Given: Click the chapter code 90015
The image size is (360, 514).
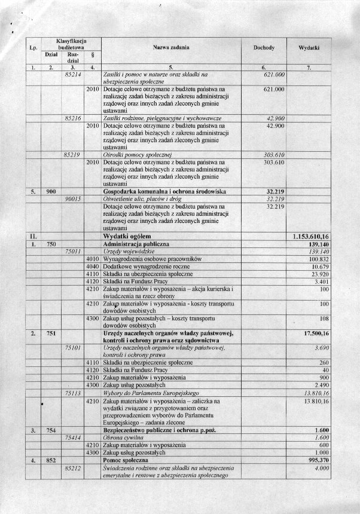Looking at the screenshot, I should [72, 198].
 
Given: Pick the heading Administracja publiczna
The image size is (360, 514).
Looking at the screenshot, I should [136, 244].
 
